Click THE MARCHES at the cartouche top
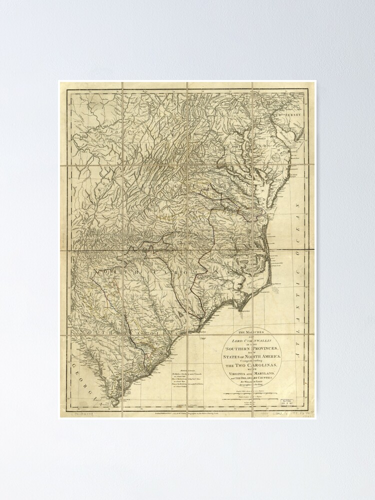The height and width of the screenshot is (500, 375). (253, 332)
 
